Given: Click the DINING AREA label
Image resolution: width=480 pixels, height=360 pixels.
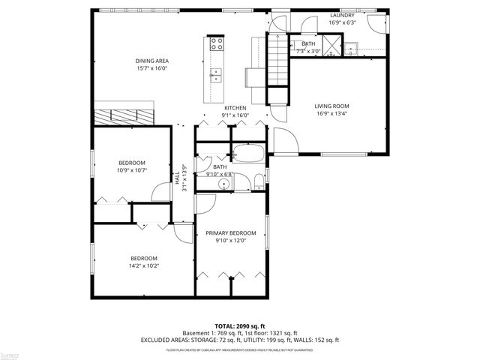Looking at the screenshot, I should click(x=151, y=61).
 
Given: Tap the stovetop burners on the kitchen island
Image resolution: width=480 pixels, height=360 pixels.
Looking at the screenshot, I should click(x=217, y=43).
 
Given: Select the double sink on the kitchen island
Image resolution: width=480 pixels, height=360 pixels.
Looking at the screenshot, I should click(x=217, y=74).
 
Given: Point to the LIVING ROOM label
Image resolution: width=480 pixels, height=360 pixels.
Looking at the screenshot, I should click(x=331, y=106).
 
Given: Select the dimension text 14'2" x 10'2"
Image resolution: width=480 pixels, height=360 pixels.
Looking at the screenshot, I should click(x=144, y=265).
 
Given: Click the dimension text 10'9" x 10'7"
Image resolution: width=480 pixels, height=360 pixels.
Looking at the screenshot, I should click(x=132, y=170).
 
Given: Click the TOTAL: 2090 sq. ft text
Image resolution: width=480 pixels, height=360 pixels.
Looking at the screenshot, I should click(x=240, y=326).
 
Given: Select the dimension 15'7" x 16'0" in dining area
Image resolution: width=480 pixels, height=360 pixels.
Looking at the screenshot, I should click(x=151, y=68).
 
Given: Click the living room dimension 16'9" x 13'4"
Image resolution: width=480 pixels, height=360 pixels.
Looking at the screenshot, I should click(x=331, y=115).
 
